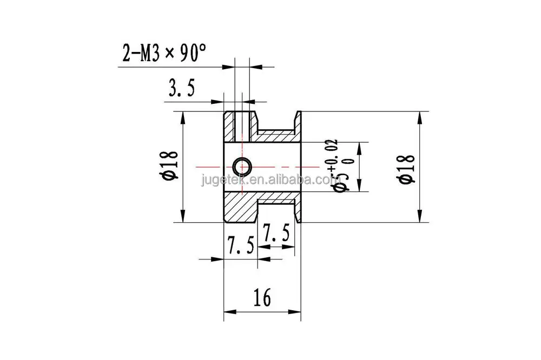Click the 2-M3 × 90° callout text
tap(164, 54)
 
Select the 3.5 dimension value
tap(182, 89)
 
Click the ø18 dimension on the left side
tap(169, 166)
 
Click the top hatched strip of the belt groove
tap(275, 135)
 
